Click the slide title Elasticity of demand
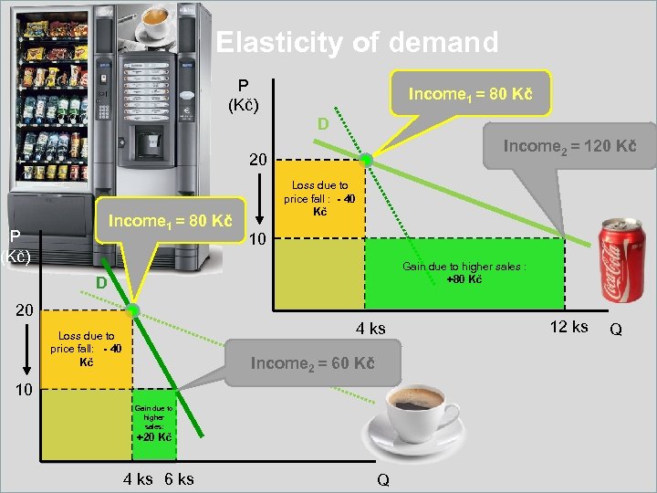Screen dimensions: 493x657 [x=357, y=43]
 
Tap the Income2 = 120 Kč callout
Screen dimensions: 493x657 [x=569, y=146]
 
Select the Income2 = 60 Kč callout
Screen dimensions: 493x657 [x=312, y=363]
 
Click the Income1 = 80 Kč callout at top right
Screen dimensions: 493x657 [x=470, y=94]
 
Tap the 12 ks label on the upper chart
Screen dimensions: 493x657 [x=569, y=327]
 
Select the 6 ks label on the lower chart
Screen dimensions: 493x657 [x=179, y=478]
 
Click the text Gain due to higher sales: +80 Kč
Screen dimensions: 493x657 [x=464, y=273]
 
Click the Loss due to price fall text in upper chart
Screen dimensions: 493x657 [x=319, y=198]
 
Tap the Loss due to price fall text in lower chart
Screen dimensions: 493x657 [x=83, y=349]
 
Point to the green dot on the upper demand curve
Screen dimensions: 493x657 [x=366, y=160]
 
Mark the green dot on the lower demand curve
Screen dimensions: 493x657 [x=132, y=311]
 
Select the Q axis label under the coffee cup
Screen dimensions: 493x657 [x=382, y=480]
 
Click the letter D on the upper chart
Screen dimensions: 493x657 [x=322, y=123]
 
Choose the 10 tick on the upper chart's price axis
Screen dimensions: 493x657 [x=258, y=239]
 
